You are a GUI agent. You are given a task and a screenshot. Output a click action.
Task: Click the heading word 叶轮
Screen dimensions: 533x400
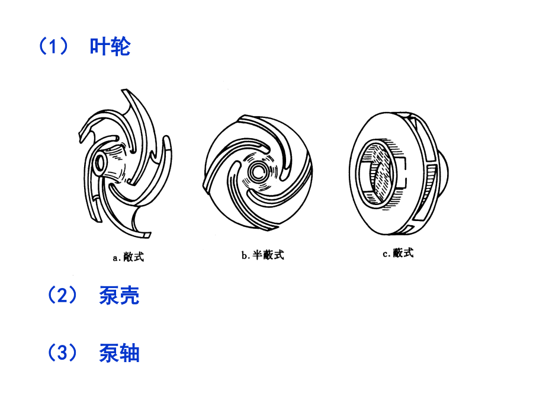tap(110, 47)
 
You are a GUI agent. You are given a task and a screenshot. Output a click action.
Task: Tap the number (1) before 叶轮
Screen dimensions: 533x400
tap(53, 47)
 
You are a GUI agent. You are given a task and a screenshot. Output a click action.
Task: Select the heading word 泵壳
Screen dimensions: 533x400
tap(119, 295)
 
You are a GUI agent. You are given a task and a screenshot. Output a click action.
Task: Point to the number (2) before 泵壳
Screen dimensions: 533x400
tap(62, 295)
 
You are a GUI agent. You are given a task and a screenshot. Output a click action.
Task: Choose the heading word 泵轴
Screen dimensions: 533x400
tap(119, 353)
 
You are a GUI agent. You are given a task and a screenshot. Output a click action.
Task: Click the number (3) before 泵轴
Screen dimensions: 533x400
tap(62, 353)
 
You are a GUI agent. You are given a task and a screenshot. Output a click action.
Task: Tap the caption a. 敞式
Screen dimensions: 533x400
tap(129, 257)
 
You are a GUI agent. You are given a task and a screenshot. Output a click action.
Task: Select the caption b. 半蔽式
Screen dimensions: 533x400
tap(263, 255)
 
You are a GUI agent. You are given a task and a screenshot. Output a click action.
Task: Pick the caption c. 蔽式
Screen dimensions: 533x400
tap(398, 253)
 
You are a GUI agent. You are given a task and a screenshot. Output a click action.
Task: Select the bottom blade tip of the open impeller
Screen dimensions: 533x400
tap(147, 235)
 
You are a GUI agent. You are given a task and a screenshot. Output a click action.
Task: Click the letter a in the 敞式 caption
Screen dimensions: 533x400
tap(115, 258)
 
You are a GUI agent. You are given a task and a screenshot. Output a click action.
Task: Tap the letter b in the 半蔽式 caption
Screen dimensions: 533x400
tap(244, 255)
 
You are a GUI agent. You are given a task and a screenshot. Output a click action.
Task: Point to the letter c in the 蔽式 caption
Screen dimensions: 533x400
tap(385, 254)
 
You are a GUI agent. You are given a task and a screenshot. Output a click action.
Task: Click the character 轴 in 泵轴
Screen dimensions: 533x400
tap(130, 353)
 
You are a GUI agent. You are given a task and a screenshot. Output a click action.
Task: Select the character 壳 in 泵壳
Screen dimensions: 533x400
tap(130, 295)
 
